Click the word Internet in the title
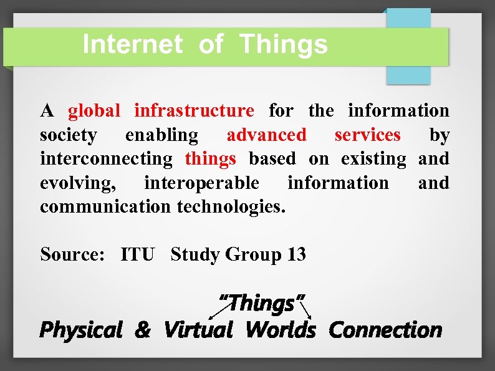[x=132, y=45]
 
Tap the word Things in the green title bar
[x=283, y=45]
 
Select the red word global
[x=94, y=111]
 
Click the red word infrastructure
[x=194, y=111]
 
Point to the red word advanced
[x=266, y=135]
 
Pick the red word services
[x=367, y=135]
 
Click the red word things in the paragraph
[x=210, y=159]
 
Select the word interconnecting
[x=105, y=159]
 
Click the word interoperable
[x=201, y=183]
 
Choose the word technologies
[x=231, y=206]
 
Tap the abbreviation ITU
[x=137, y=254]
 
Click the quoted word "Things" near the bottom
[x=260, y=304]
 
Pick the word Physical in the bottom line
[x=80, y=329]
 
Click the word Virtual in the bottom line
[x=198, y=329]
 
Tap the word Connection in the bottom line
[x=385, y=329]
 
